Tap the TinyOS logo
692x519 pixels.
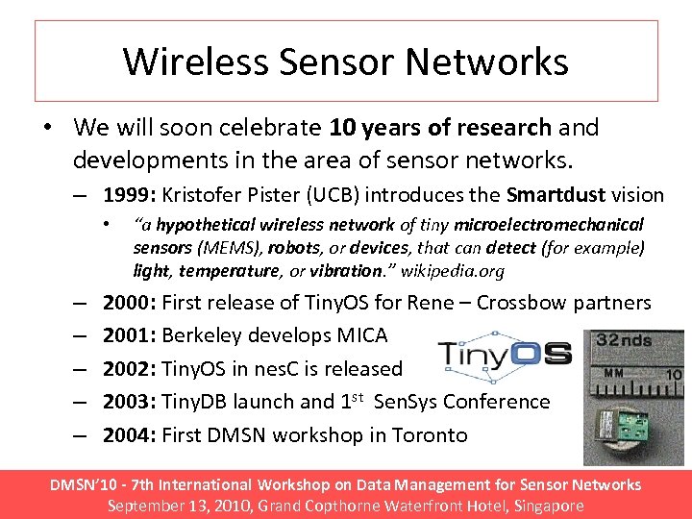[x=505, y=357]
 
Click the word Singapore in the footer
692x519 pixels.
[x=542, y=506]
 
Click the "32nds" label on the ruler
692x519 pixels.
[x=626, y=339]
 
